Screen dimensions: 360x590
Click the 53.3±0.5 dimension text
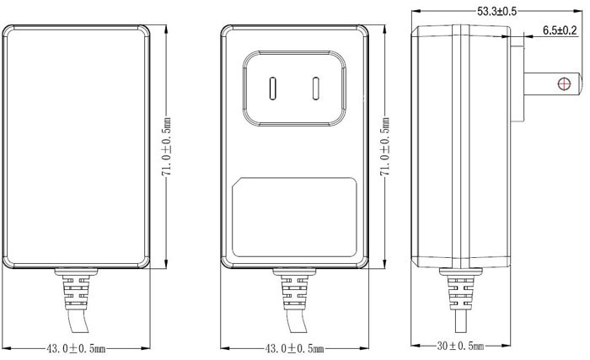point(496,11)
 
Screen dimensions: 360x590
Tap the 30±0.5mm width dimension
point(460,346)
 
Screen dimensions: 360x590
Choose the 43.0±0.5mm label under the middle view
point(295,347)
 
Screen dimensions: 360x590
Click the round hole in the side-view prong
point(566,83)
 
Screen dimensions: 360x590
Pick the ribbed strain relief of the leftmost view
point(76,292)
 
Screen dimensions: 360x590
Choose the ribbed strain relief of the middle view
point(294,292)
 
